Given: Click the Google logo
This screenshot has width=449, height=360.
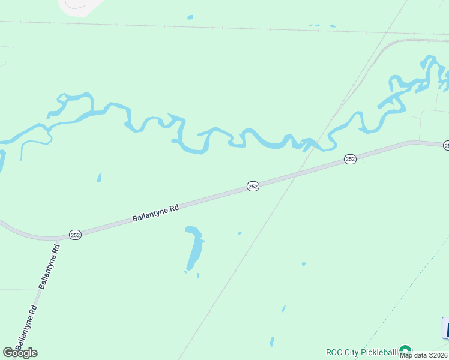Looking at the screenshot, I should [x=20, y=353].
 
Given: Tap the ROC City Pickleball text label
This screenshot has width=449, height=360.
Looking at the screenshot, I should [x=361, y=352].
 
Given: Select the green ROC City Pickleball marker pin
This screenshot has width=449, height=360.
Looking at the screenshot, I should [x=405, y=350].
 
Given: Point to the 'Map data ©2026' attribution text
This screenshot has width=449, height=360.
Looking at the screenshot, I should [x=424, y=355].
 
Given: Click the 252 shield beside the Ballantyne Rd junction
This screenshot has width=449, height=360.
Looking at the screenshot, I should [x=75, y=235].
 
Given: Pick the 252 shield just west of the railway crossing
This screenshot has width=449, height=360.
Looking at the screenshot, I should [x=253, y=187].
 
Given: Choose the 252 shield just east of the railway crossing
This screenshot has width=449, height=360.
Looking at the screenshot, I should [x=351, y=159].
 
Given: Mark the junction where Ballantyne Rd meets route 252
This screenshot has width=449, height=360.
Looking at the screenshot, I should [x=58, y=239].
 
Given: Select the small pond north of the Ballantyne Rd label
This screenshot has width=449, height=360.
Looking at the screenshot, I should [x=99, y=178].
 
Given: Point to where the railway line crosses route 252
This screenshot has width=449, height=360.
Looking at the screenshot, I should [x=292, y=176].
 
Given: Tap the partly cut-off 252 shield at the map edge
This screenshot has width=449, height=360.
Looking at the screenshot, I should [x=446, y=145].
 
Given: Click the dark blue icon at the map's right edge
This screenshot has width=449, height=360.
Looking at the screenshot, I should [x=445, y=328].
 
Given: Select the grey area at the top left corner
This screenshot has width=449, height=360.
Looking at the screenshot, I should [x=78, y=6].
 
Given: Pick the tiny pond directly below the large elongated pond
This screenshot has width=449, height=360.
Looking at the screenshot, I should [x=198, y=276].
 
